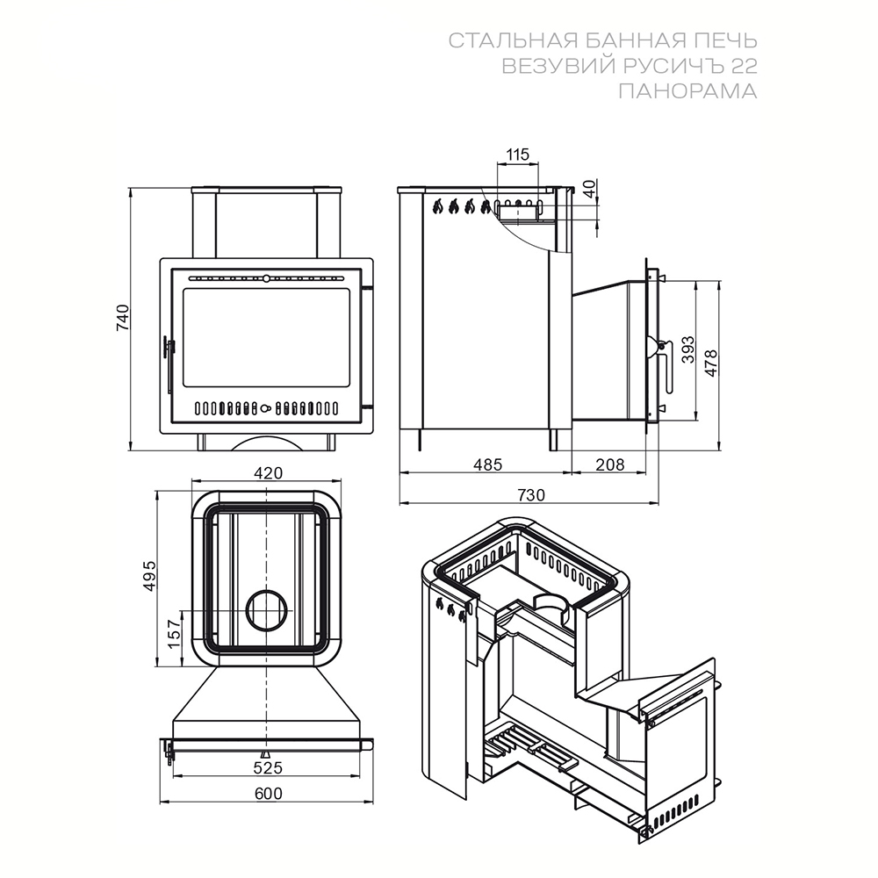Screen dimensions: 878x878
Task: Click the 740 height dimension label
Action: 123,318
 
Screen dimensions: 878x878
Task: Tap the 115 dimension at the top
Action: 517,154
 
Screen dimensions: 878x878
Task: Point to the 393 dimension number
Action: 687,350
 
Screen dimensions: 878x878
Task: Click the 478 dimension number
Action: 710,363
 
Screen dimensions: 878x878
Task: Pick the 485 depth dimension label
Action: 487,464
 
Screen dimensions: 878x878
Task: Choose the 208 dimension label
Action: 609,464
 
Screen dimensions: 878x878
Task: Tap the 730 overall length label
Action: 530,495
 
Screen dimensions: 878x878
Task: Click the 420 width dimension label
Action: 268,473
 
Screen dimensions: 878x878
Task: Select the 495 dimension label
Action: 149,575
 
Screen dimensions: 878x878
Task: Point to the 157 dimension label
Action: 175,634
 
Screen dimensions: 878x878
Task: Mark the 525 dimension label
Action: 268,767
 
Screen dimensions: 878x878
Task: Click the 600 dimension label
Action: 269,794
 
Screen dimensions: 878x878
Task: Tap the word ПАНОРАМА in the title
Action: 687,90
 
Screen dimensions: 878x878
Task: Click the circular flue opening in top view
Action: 268,610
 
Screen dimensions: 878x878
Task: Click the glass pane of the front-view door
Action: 267,338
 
